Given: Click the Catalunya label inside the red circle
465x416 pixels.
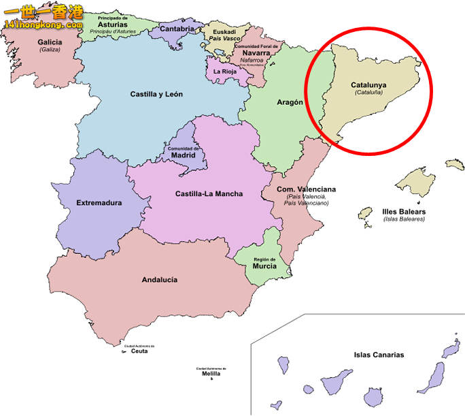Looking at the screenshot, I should click(368, 85).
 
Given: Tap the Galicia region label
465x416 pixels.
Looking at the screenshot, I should click(50, 42).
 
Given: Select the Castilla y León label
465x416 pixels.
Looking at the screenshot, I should click(156, 95).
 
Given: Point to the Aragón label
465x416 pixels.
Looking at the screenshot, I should click(290, 102).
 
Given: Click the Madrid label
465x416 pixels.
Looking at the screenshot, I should click(183, 155).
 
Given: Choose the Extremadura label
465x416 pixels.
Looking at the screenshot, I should click(99, 203).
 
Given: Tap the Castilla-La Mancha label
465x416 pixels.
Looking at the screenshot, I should click(209, 194).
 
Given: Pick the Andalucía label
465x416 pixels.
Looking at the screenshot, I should click(160, 280).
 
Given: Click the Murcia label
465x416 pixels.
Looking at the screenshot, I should click(264, 266).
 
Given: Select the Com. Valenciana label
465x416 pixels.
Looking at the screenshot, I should click(306, 189).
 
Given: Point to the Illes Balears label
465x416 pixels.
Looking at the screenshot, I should click(404, 212).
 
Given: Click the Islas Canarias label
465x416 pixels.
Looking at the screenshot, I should click(379, 355).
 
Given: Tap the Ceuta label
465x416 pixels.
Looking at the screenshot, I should click(139, 351).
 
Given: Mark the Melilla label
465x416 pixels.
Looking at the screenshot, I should click(211, 374).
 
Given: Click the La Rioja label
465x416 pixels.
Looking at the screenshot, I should click(225, 71).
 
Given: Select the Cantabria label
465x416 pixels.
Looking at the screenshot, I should click(177, 29).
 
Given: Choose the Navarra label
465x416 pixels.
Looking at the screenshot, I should click(256, 52).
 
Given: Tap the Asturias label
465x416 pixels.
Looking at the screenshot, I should click(113, 24).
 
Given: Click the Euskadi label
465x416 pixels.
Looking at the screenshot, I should click(224, 31).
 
